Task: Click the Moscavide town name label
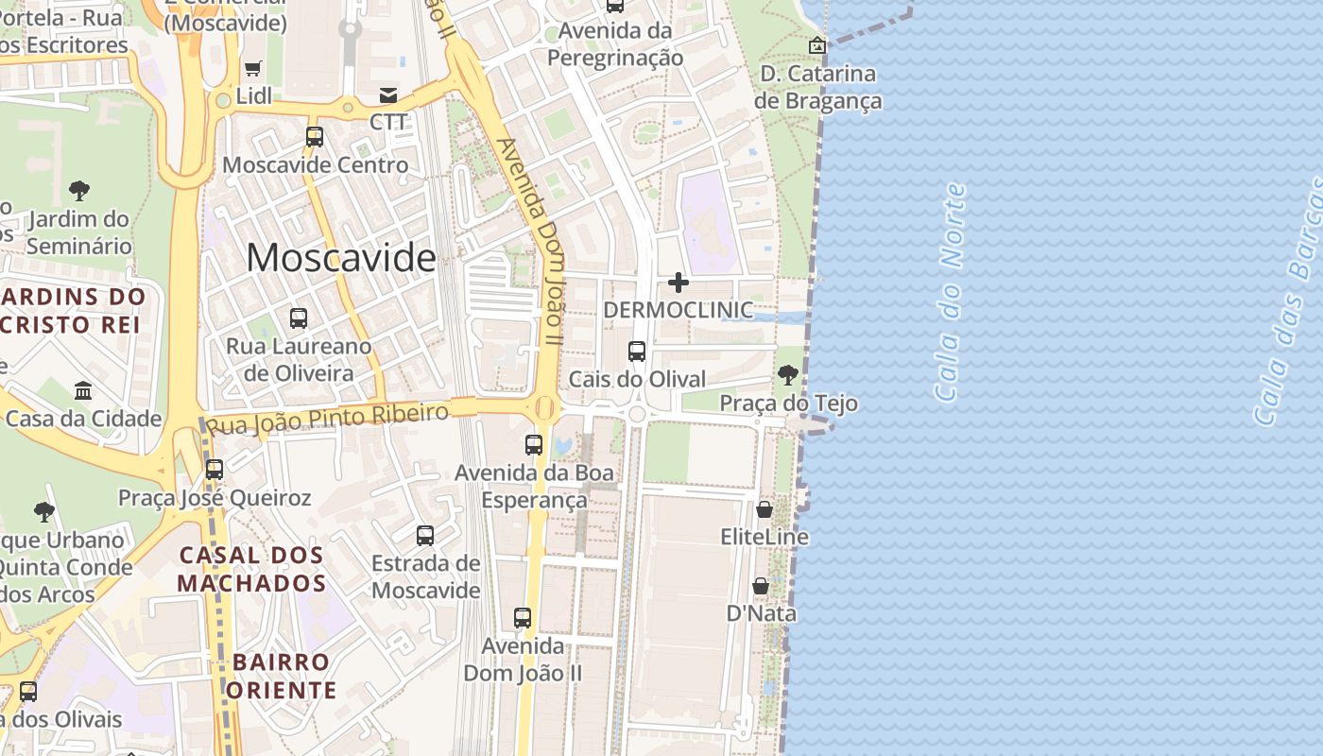341,257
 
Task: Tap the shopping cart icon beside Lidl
252,68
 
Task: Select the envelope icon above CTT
388,94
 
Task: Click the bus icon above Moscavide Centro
315,137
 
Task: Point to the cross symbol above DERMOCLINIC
679,283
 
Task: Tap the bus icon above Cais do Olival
637,352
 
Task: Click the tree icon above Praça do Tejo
788,375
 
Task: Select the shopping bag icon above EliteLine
765,510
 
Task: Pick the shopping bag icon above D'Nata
761,587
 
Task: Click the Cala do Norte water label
950,293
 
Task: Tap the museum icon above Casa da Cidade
83,390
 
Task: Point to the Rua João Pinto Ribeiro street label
327,418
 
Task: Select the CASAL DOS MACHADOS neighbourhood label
251,569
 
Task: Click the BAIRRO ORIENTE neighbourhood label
281,676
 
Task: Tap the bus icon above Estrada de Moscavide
425,536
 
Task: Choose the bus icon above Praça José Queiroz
215,469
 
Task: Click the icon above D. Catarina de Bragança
817,45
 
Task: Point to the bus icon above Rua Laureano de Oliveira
299,318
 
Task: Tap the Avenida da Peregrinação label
615,43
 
